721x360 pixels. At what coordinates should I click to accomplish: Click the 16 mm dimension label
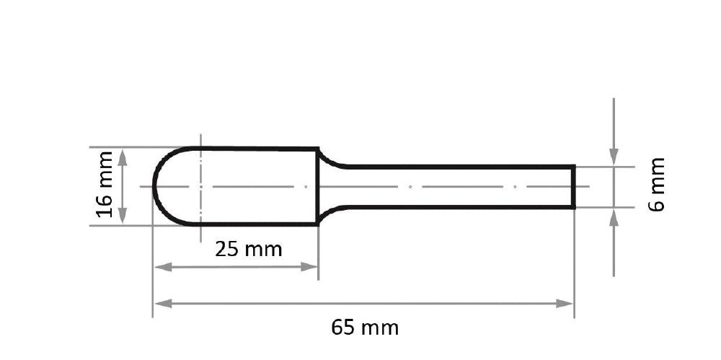105,184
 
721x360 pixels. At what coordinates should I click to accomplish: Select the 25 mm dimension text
248,250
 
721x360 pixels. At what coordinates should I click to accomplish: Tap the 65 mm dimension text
365,328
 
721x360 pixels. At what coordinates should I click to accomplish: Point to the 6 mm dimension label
657,185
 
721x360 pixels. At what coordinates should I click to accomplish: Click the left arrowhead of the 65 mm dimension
163,304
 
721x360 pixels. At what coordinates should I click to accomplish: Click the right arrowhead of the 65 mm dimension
565,304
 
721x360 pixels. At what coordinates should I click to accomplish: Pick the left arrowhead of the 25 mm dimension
163,266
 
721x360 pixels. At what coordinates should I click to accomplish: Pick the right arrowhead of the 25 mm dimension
309,266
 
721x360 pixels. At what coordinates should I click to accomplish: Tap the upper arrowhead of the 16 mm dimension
123,158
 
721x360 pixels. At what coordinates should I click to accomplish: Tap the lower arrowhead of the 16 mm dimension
123,215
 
